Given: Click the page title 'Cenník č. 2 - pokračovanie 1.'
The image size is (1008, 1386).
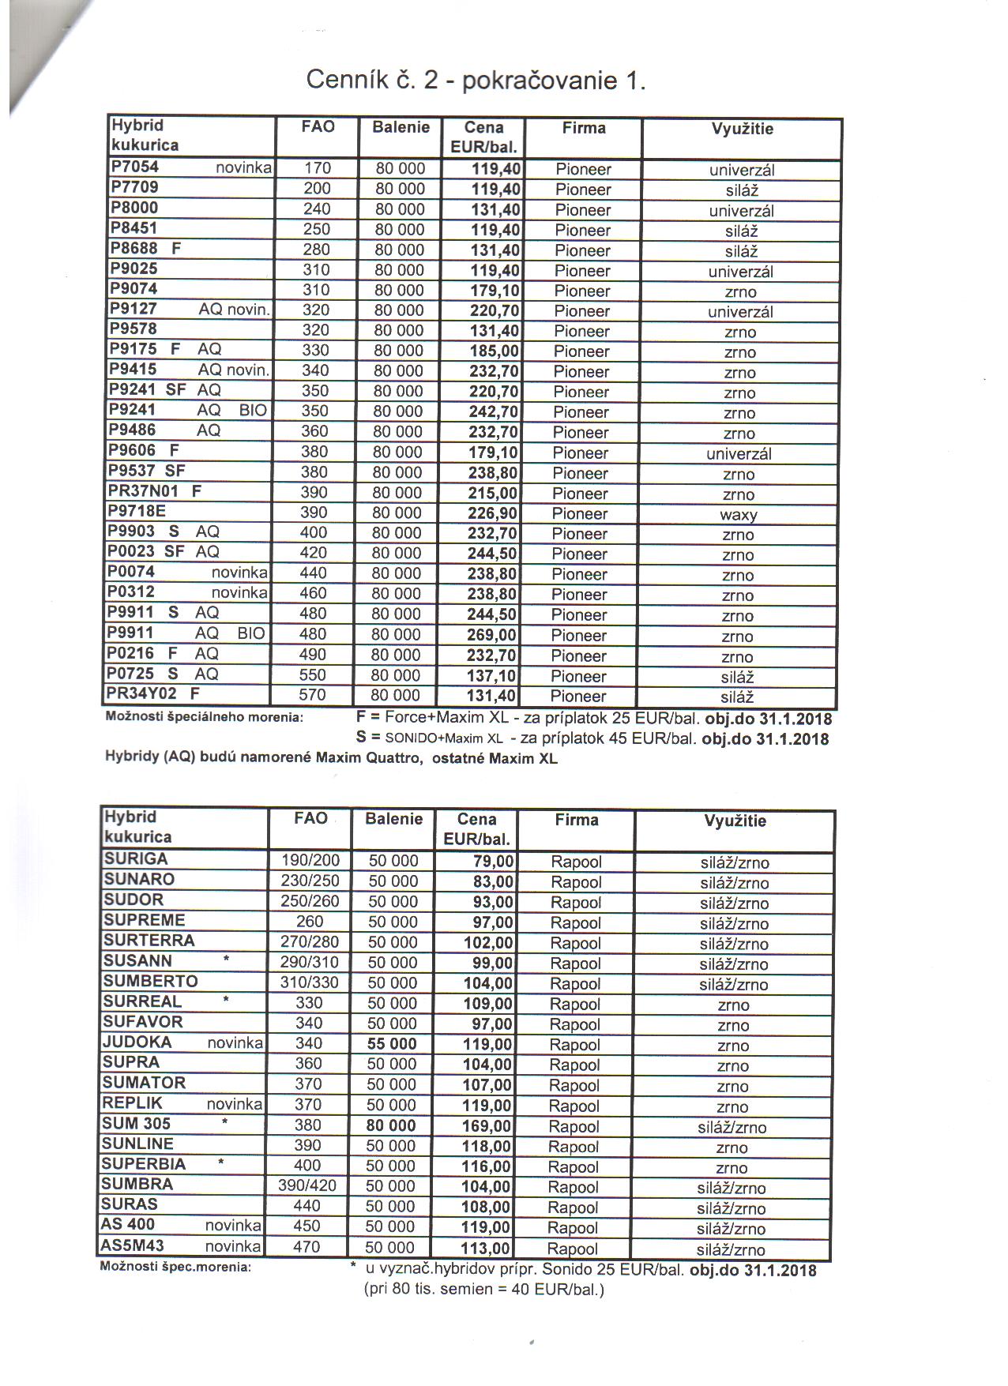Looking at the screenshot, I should point(476,81).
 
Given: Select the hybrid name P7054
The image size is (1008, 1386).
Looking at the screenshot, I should point(134,167).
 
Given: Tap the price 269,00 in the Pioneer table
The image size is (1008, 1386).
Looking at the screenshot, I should point(494,635).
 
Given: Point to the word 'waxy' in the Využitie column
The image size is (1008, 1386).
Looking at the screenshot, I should point(739,515).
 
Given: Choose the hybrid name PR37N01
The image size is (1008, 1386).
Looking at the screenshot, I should point(144,491).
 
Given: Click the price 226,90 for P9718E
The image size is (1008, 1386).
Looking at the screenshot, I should point(495,513).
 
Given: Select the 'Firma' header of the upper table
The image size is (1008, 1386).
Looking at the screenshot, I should point(584,128).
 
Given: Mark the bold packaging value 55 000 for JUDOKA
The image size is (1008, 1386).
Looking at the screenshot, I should point(392,1044).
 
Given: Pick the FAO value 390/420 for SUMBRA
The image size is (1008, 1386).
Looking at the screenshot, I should point(307,1185).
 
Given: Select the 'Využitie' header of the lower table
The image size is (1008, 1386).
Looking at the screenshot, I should point(735,821).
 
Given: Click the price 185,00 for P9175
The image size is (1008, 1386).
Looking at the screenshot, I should point(495,351).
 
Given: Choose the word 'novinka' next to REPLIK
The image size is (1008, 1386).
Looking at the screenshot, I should point(235,1103).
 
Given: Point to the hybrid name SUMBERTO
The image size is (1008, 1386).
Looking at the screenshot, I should point(150,981).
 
